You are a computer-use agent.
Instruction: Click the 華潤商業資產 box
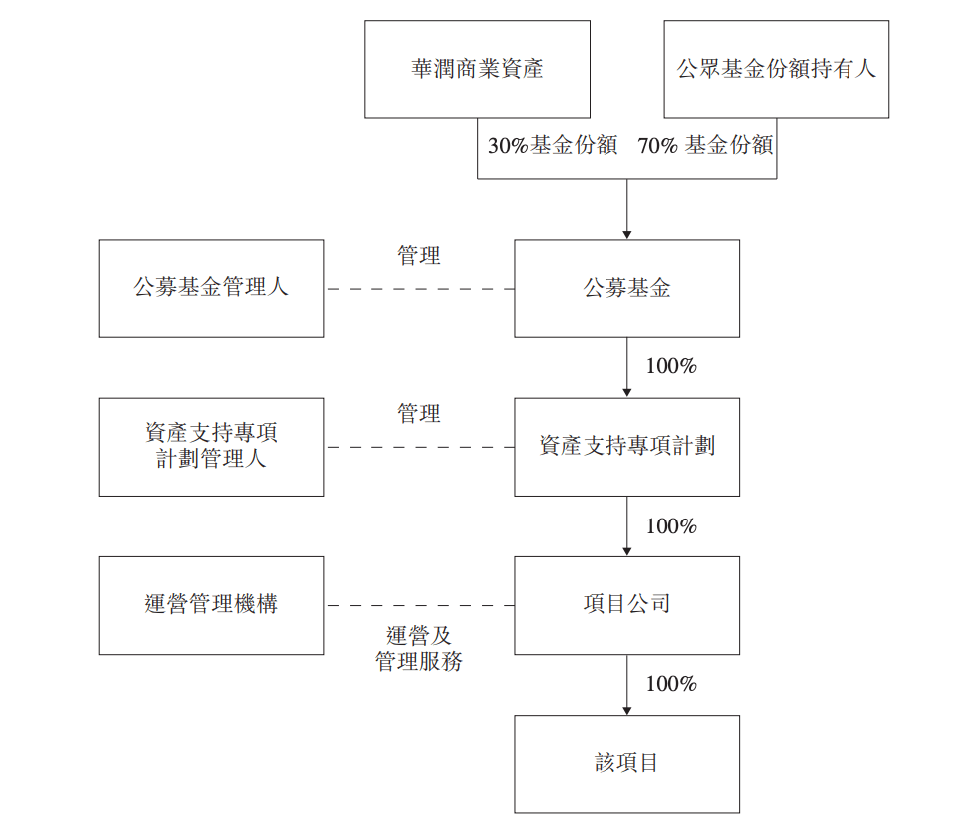coord(477,70)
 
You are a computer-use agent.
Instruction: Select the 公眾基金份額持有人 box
coord(777,70)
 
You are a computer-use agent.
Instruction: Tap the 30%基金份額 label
coord(552,145)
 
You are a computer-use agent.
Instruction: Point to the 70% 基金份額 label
coord(705,145)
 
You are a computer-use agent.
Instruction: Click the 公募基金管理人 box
coord(211,289)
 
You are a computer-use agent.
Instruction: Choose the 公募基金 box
coord(626,289)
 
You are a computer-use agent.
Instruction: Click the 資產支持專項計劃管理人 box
coord(211,447)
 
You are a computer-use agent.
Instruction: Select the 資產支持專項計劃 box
coord(626,447)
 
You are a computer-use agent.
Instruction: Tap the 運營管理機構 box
coord(211,605)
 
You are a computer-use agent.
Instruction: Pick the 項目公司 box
coord(626,605)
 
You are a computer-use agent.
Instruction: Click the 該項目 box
coord(626,763)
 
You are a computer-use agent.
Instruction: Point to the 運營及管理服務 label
coord(419,648)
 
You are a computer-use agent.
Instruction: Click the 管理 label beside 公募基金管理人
coord(419,256)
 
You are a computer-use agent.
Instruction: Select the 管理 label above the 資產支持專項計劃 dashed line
coord(419,414)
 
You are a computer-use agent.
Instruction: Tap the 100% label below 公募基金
coord(671,366)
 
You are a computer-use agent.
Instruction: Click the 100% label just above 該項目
coord(671,684)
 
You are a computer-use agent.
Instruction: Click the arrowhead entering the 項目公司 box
coord(626,550)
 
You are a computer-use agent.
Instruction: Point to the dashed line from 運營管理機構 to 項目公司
coord(419,605)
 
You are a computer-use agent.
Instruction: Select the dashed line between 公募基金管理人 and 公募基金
coord(419,289)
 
